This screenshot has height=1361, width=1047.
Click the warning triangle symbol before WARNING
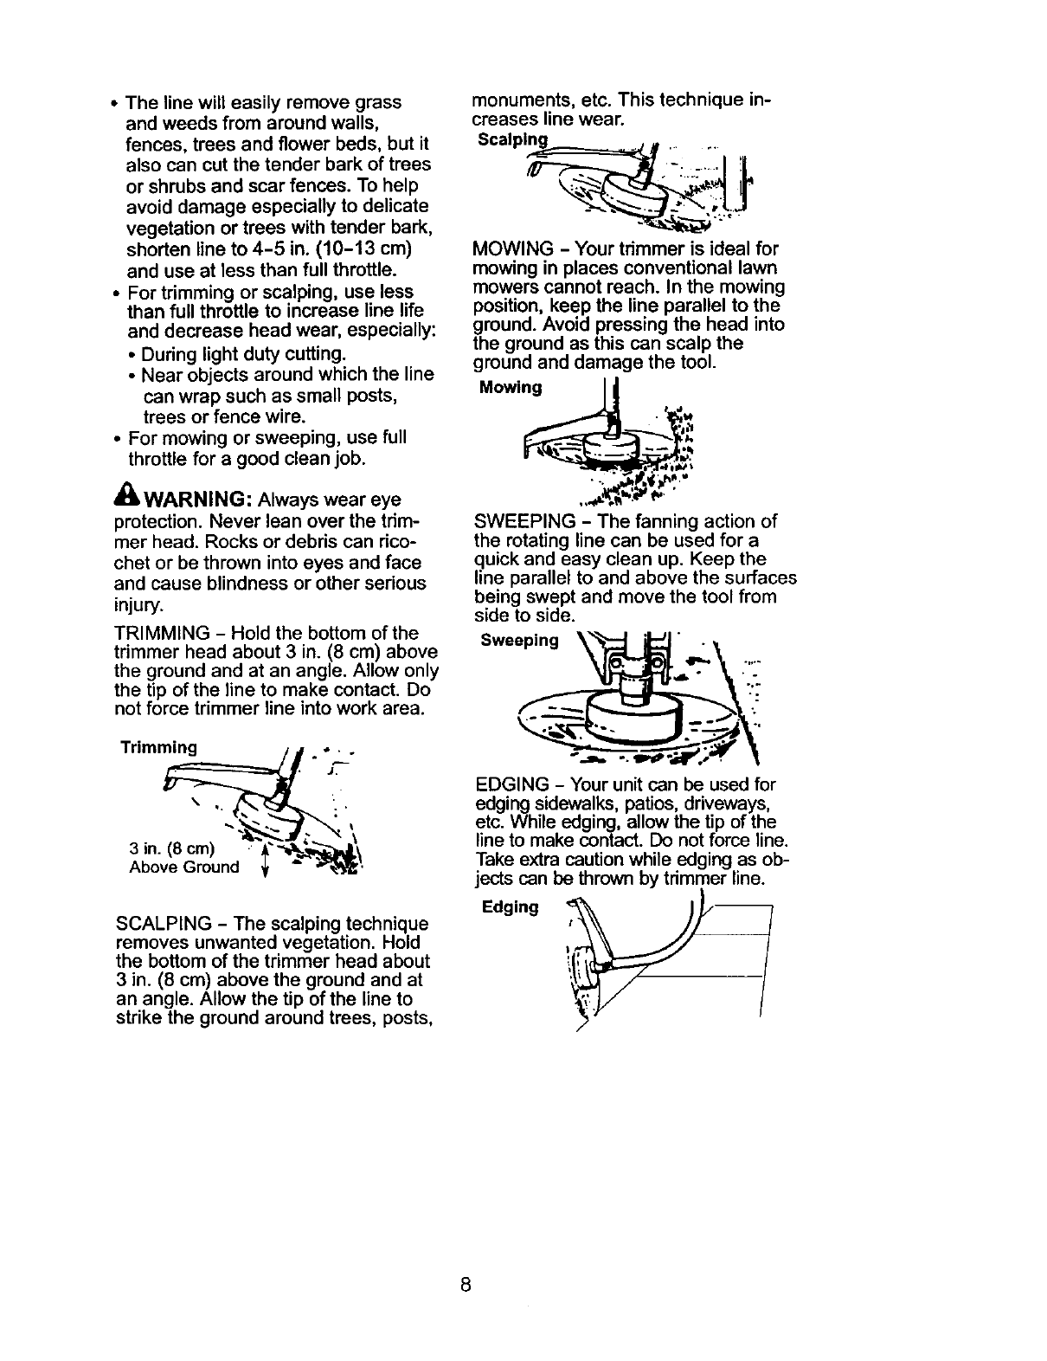pyautogui.click(x=127, y=500)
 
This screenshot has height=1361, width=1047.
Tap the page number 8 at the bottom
pyautogui.click(x=465, y=1284)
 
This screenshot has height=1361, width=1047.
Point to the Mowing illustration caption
pyautogui.click(x=510, y=387)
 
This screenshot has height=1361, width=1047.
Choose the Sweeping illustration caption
pyautogui.click(x=519, y=641)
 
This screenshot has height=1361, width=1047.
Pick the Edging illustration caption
pyautogui.click(x=511, y=906)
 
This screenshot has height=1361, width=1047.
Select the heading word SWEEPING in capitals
pyautogui.click(x=524, y=521)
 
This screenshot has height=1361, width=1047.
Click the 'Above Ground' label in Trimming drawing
pyautogui.click(x=183, y=868)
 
